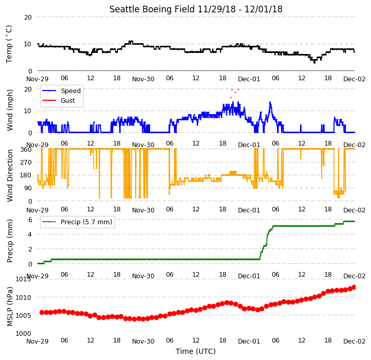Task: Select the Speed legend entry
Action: pos(61,91)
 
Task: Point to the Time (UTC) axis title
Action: pos(196,351)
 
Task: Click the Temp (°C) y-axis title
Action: pos(9,44)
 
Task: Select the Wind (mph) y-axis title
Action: pos(10,110)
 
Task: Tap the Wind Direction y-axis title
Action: pos(10,175)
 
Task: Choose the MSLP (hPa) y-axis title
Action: pos(10,307)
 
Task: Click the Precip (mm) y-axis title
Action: pos(10,241)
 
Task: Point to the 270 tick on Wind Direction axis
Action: pos(26,163)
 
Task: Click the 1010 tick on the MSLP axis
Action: pos(24,297)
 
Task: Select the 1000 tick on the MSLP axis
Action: pos(24,334)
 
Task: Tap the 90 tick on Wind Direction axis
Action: pos(28,188)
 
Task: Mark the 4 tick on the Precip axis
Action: pos(30,235)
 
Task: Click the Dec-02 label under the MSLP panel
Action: pos(355,341)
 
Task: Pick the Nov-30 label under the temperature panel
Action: pos(143,79)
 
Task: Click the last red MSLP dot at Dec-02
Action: pos(354,287)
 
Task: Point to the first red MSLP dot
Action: pos(42,312)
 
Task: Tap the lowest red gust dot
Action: pos(231,97)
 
